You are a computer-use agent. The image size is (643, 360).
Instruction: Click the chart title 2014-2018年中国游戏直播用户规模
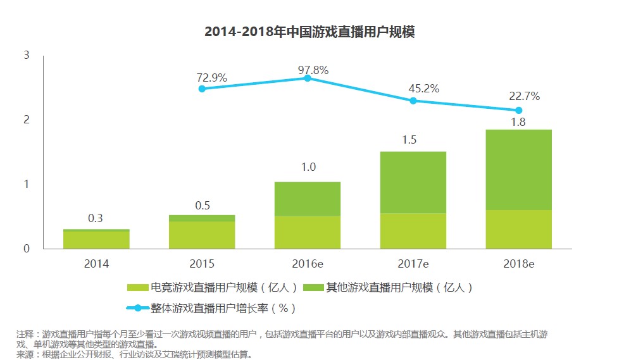pos(309,32)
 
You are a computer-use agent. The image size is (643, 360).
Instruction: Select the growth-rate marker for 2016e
pos(308,78)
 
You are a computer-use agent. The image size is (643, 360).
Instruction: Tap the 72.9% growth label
pos(211,78)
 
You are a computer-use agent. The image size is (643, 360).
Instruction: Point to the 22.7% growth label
pos(525,96)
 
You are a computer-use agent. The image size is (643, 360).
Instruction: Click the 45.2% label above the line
pos(424,89)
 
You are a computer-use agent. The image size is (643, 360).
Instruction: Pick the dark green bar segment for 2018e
pos(518,170)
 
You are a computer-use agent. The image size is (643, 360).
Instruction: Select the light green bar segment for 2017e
pos(413,231)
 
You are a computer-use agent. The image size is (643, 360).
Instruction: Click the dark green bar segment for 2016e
pos(308,199)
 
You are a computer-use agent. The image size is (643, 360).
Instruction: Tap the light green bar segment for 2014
pos(96,240)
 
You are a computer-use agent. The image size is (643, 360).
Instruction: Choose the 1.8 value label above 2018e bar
pos(518,122)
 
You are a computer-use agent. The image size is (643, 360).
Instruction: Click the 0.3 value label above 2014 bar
pos(96,218)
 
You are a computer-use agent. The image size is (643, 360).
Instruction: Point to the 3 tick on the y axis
pos(27,56)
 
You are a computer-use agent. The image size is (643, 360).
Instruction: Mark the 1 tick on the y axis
pos(27,184)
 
